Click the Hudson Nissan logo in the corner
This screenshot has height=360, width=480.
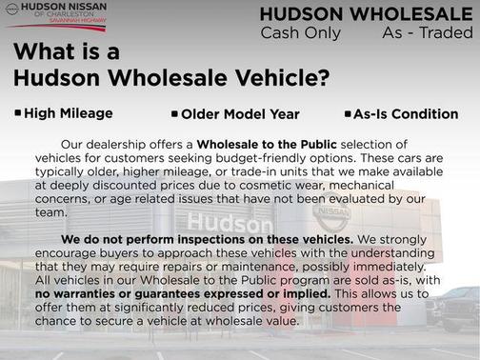(x=55, y=15)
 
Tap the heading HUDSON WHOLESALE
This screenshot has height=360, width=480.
(x=368, y=14)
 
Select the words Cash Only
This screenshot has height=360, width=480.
(x=296, y=33)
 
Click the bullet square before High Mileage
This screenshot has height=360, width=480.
(x=18, y=112)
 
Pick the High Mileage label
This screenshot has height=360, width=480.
(x=69, y=113)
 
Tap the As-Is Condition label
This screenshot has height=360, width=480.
(x=391, y=114)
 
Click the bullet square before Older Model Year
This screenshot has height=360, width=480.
(x=175, y=113)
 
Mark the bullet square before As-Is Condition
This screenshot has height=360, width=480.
(x=348, y=113)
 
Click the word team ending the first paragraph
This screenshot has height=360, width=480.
(x=49, y=214)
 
